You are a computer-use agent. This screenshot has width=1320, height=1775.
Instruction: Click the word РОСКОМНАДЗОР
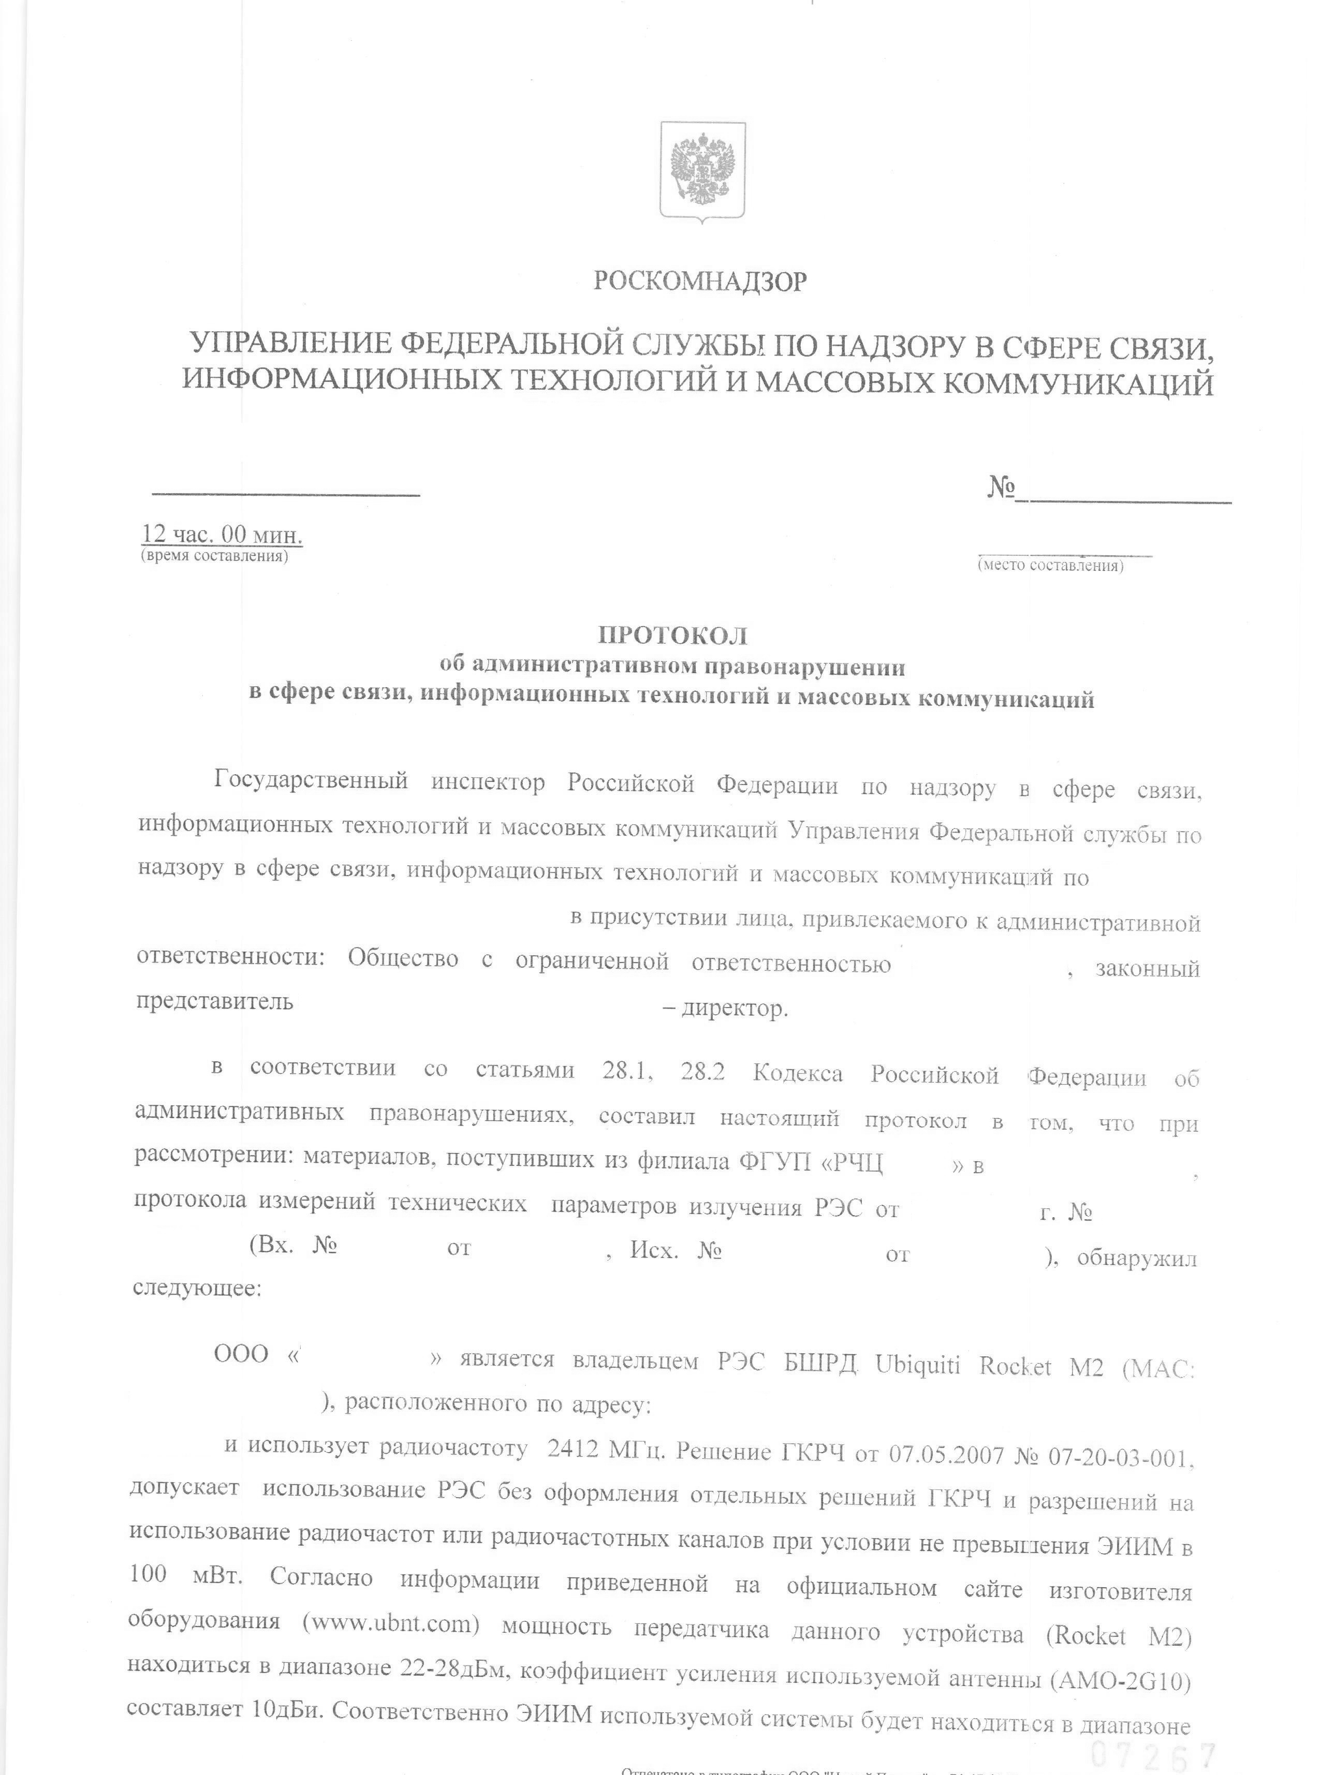700,281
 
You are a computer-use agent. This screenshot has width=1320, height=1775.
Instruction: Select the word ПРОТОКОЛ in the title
673,636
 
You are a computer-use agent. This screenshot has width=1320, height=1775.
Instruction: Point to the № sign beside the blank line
1001,487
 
